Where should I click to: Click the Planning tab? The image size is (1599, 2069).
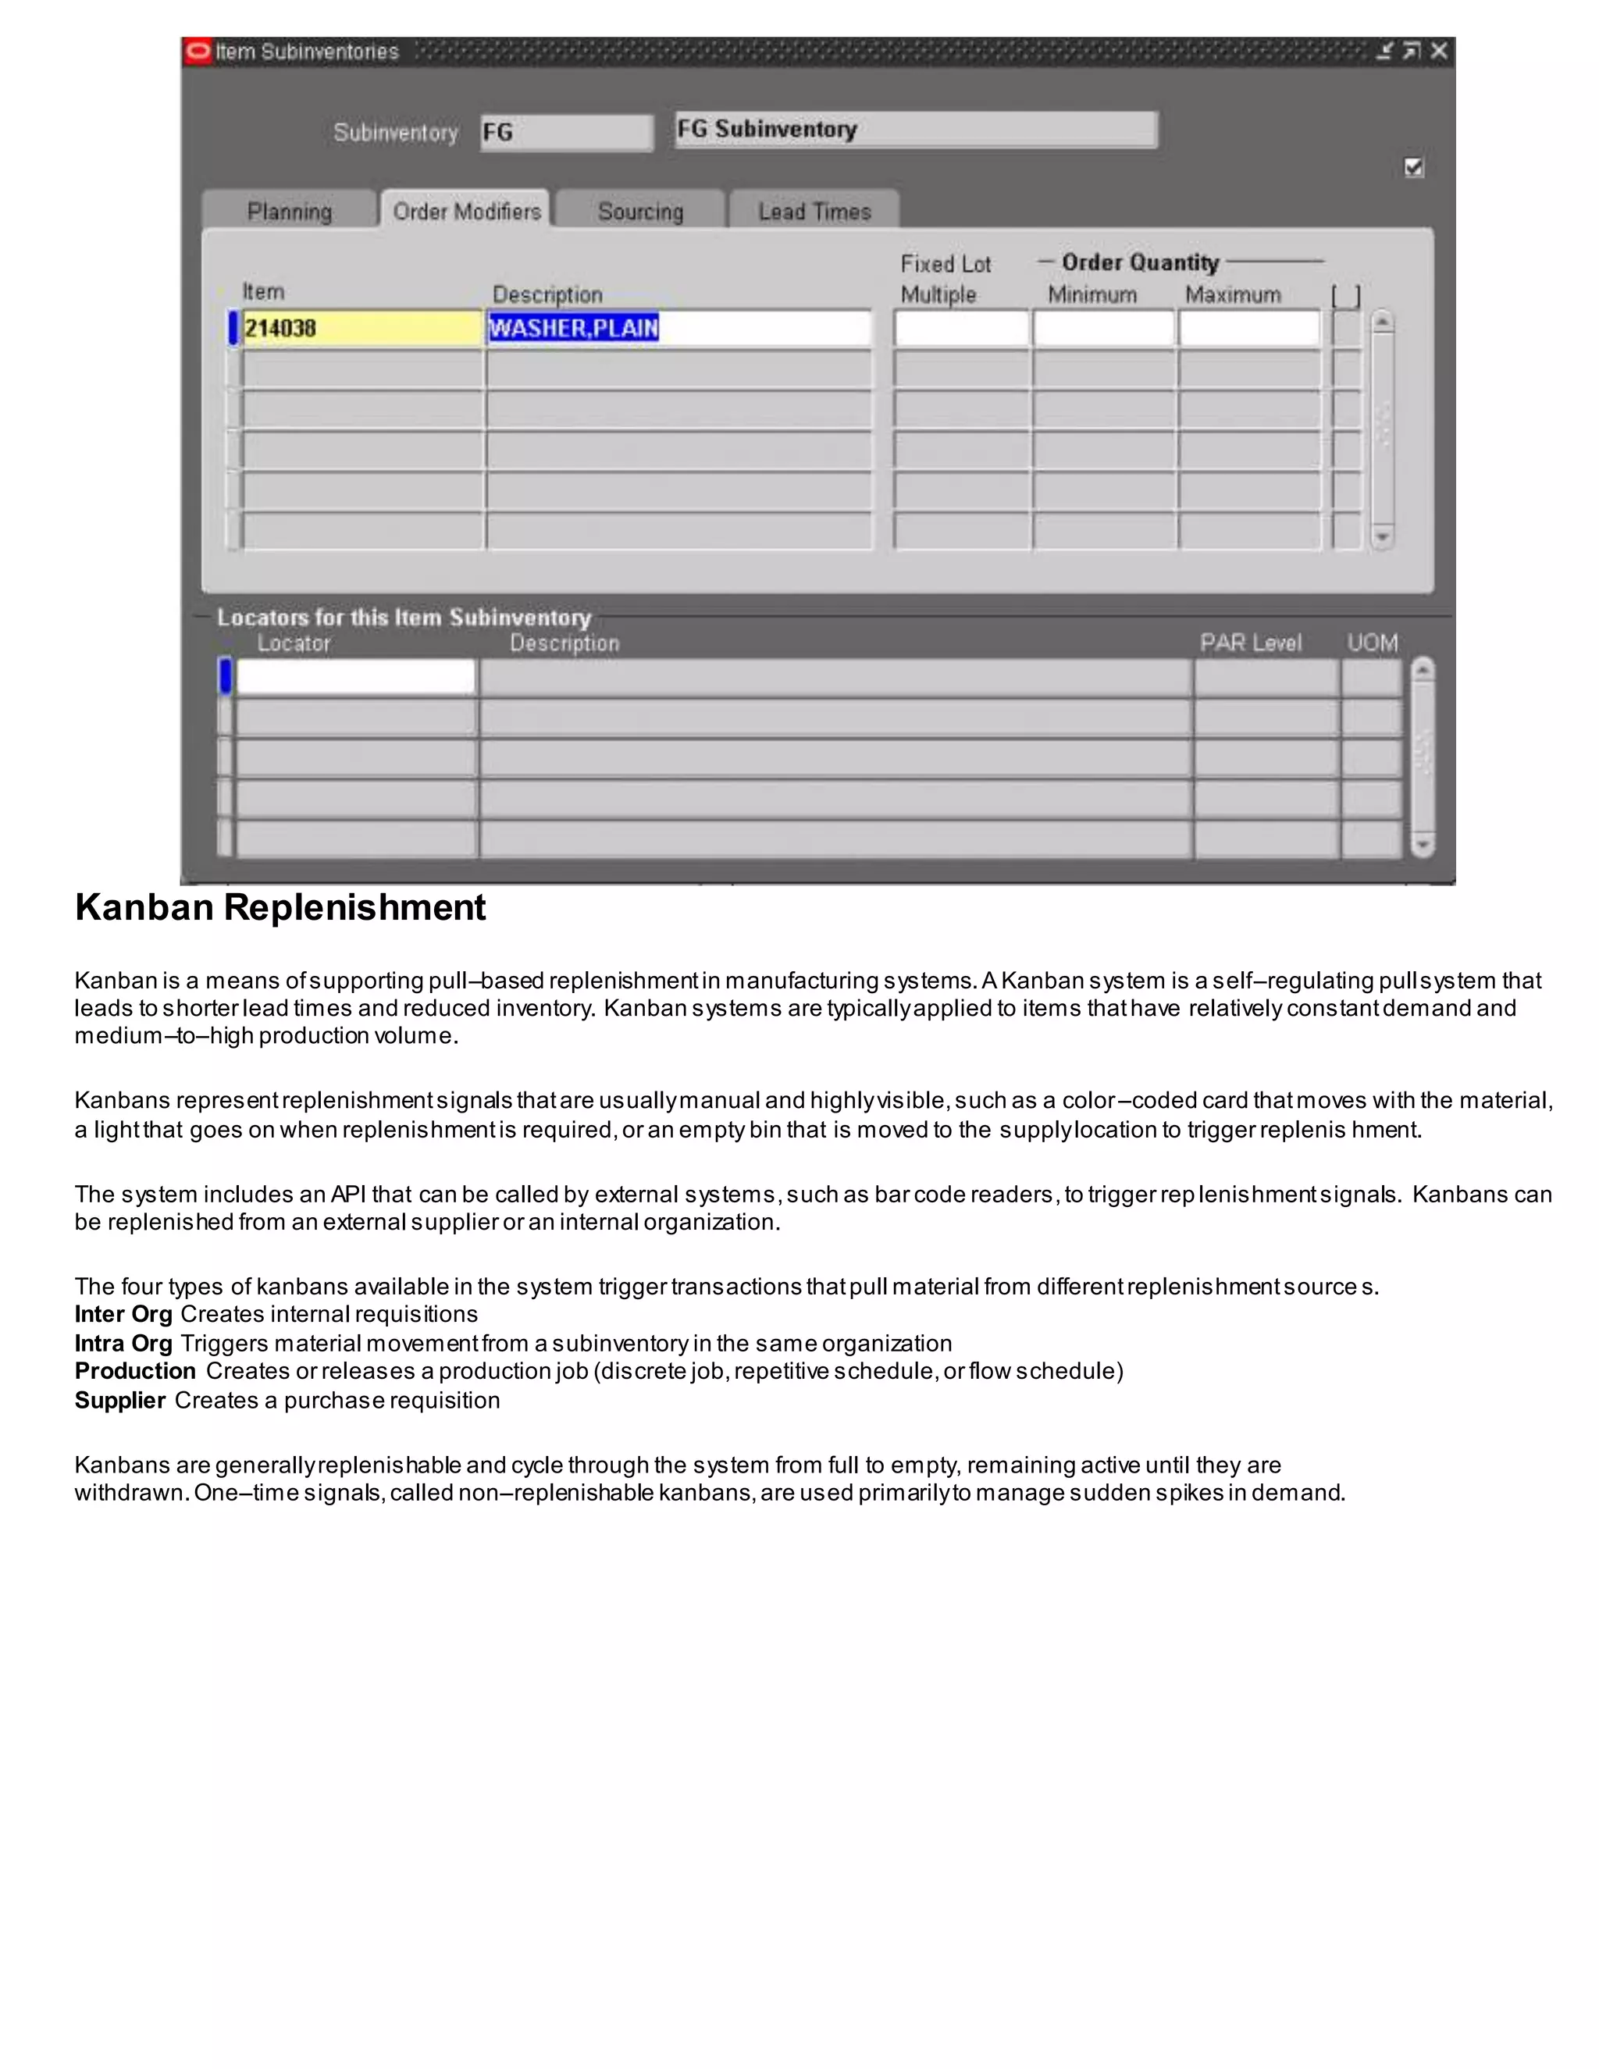click(289, 212)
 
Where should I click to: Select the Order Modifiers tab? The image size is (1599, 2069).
click(466, 212)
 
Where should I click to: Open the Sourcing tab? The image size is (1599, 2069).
click(640, 212)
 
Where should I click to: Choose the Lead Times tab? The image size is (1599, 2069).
click(814, 212)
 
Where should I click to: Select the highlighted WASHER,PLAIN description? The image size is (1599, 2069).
click(573, 329)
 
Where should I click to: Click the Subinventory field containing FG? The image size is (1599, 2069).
click(564, 133)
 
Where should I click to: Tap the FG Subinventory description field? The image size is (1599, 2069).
click(915, 130)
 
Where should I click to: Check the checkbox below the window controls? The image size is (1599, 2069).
click(1413, 168)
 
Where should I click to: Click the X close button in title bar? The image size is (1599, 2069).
click(1439, 52)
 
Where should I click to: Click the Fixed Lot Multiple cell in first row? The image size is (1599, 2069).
click(960, 329)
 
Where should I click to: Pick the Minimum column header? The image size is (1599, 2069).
click(1092, 294)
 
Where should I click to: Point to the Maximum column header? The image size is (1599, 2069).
click(1232, 294)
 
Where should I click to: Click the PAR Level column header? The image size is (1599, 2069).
click(1251, 643)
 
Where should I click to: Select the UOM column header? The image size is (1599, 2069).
click(1372, 643)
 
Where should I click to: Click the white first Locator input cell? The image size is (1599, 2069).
click(355, 676)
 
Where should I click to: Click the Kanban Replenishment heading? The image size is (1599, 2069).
click(280, 907)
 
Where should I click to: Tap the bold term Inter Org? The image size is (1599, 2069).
click(123, 1314)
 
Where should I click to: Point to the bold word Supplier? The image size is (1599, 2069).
click(120, 1400)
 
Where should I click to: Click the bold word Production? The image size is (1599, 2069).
click(134, 1371)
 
